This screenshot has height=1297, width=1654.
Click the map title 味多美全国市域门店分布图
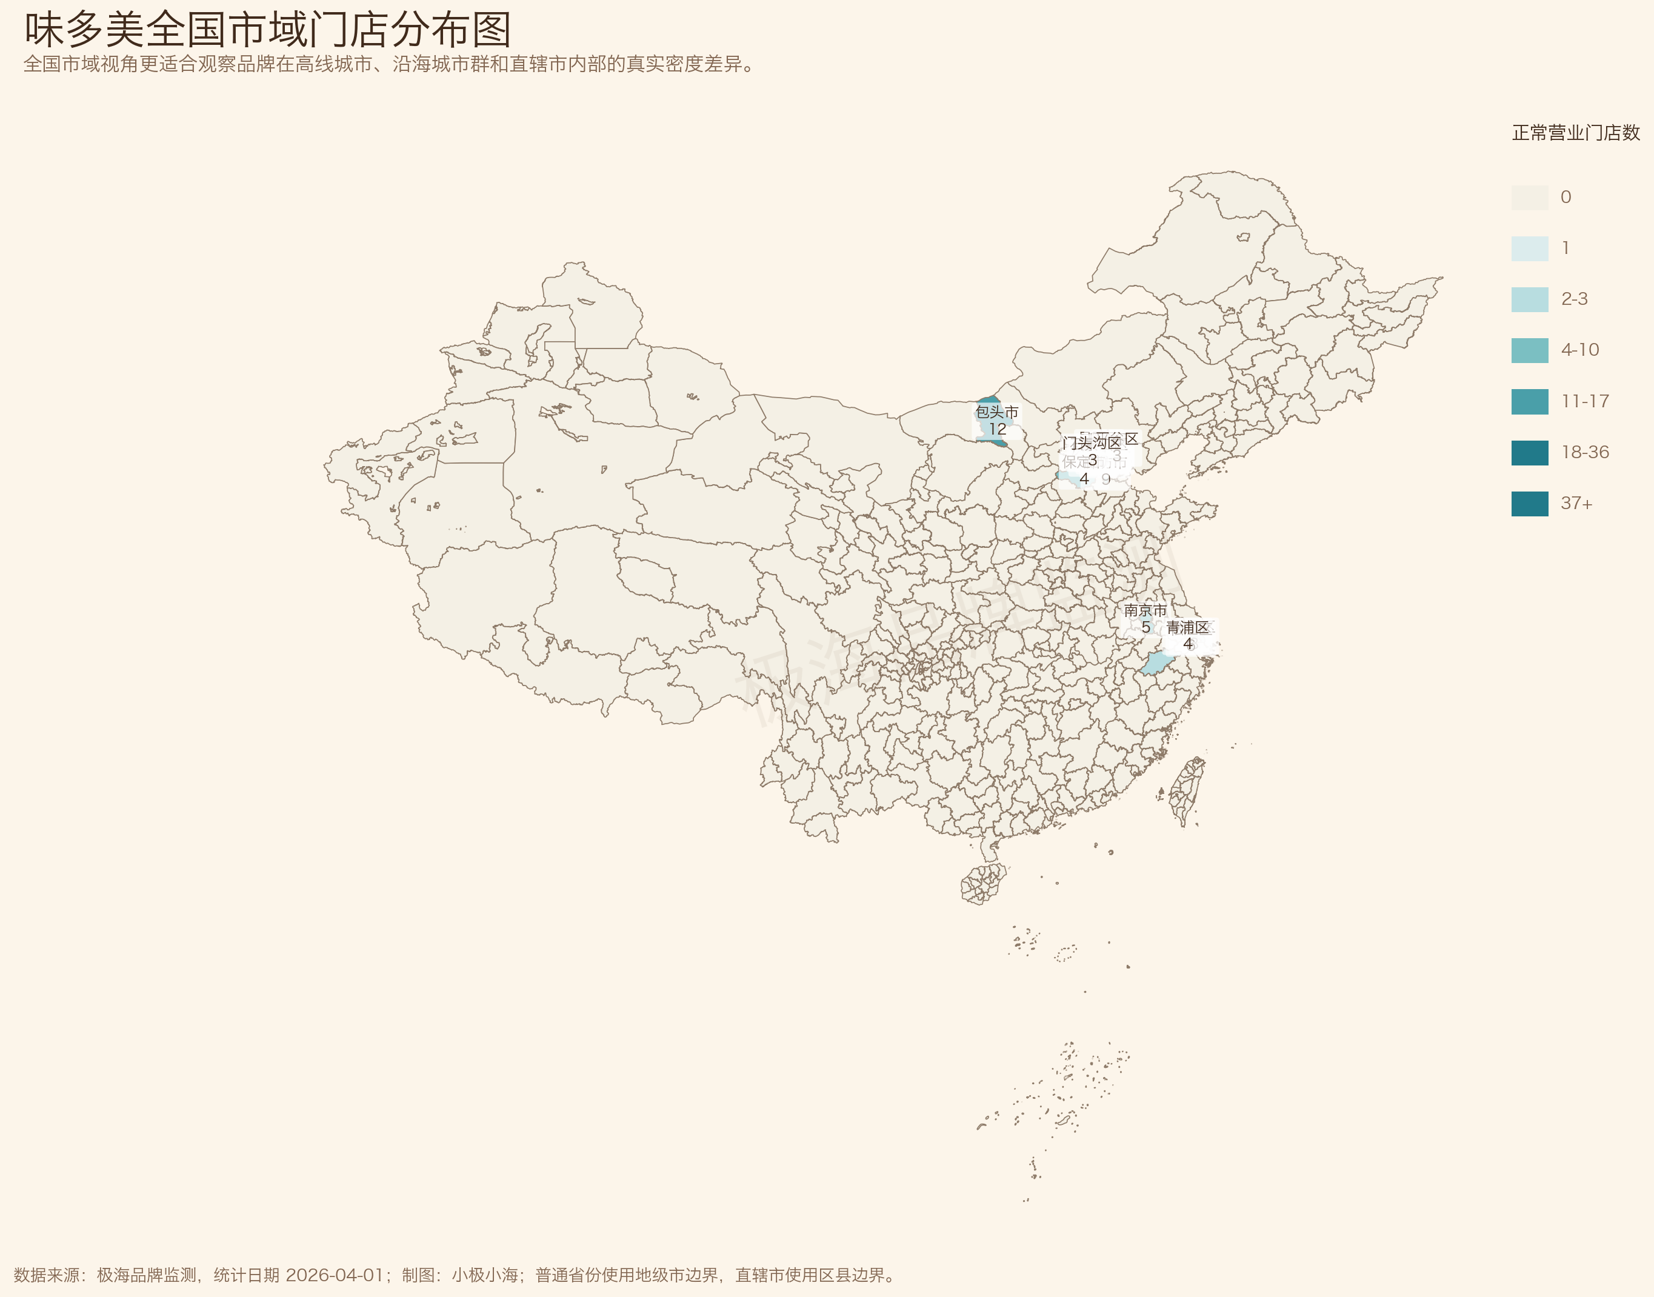coord(267,30)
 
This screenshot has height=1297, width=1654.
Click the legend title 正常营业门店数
coord(1576,133)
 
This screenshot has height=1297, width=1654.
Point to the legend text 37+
coord(1576,504)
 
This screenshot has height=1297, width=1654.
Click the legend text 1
coord(1565,248)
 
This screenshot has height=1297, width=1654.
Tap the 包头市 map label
coord(996,412)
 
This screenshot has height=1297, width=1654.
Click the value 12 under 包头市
coord(997,429)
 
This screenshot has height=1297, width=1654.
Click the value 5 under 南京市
coord(1146,627)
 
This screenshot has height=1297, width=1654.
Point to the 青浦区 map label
coord(1187,627)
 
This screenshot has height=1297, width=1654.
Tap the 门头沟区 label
coord(1092,442)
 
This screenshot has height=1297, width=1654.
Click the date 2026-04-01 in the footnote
coord(334,1275)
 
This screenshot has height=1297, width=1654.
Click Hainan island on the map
coord(984,883)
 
